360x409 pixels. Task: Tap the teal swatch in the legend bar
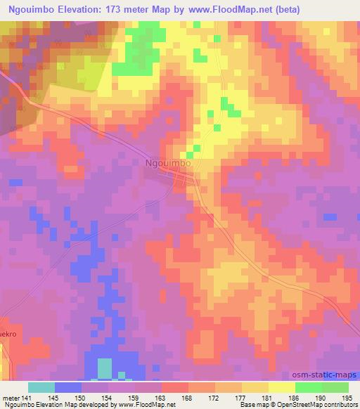(41, 387)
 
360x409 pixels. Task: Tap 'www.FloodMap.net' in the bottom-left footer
(146, 405)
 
